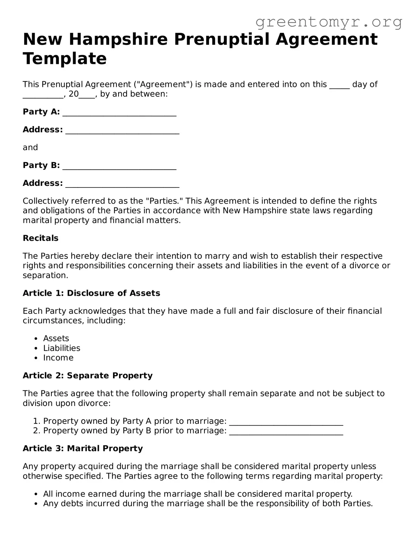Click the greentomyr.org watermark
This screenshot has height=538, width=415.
329,22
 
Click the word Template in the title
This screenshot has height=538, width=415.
65,59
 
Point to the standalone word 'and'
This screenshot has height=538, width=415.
30,148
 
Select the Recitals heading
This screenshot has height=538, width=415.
40,238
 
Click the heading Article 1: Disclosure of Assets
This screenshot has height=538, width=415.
91,293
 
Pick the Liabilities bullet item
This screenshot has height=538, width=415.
62,348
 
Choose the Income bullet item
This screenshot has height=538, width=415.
58,358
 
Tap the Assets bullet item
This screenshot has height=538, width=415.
56,338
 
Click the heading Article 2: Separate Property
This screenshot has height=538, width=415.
87,376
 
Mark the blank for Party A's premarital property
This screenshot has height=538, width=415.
286,422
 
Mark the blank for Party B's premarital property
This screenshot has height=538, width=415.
286,432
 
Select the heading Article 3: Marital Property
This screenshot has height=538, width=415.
83,448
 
